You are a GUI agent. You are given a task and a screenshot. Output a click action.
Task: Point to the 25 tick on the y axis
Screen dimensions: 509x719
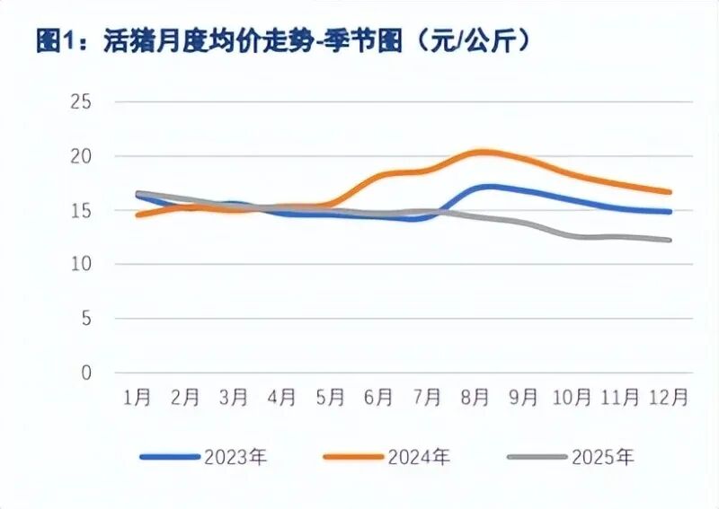[81, 101]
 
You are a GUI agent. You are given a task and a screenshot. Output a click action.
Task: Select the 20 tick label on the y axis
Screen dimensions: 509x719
[81, 156]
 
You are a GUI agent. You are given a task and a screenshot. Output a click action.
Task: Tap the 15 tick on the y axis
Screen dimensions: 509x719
[81, 210]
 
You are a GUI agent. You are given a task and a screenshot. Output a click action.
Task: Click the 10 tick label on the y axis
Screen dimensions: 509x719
[81, 264]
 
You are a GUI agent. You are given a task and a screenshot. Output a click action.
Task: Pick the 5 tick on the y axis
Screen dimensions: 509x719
[86, 319]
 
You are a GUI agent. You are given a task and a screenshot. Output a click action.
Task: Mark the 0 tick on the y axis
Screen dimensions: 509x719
[86, 373]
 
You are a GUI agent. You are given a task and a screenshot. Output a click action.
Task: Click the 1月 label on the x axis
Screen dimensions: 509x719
[137, 396]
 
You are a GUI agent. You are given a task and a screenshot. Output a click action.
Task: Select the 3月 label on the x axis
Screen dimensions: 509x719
[234, 396]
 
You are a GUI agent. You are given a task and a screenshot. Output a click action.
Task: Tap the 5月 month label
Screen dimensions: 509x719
[331, 396]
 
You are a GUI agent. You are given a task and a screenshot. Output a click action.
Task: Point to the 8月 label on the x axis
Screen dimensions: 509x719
[476, 396]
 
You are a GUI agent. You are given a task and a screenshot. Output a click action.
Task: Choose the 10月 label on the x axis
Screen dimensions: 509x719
[573, 396]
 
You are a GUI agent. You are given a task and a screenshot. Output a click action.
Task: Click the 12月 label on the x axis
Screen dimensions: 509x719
[670, 396]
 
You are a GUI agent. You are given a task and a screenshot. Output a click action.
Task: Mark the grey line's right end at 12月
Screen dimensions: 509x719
[670, 240]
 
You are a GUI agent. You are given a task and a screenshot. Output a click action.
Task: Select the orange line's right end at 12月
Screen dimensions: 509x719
[670, 192]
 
